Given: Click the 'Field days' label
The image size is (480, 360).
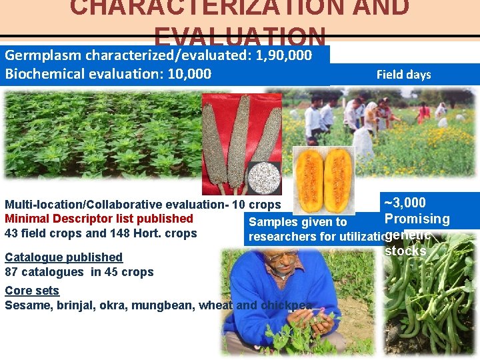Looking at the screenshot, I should [403, 75].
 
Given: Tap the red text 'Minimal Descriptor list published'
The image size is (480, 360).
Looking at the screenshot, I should [99, 219].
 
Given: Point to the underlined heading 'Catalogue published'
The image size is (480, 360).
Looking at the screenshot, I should [63, 257].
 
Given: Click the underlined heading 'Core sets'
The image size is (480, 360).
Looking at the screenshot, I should [32, 291].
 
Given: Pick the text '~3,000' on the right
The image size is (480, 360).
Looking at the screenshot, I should [405, 203].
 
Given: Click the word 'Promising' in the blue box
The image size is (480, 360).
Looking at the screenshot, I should [417, 219].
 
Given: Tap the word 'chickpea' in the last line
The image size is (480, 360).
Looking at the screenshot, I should [287, 305].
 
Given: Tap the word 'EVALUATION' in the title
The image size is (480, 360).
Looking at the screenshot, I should [239, 37].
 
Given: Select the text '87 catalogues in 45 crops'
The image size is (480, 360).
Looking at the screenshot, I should [79, 272].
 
